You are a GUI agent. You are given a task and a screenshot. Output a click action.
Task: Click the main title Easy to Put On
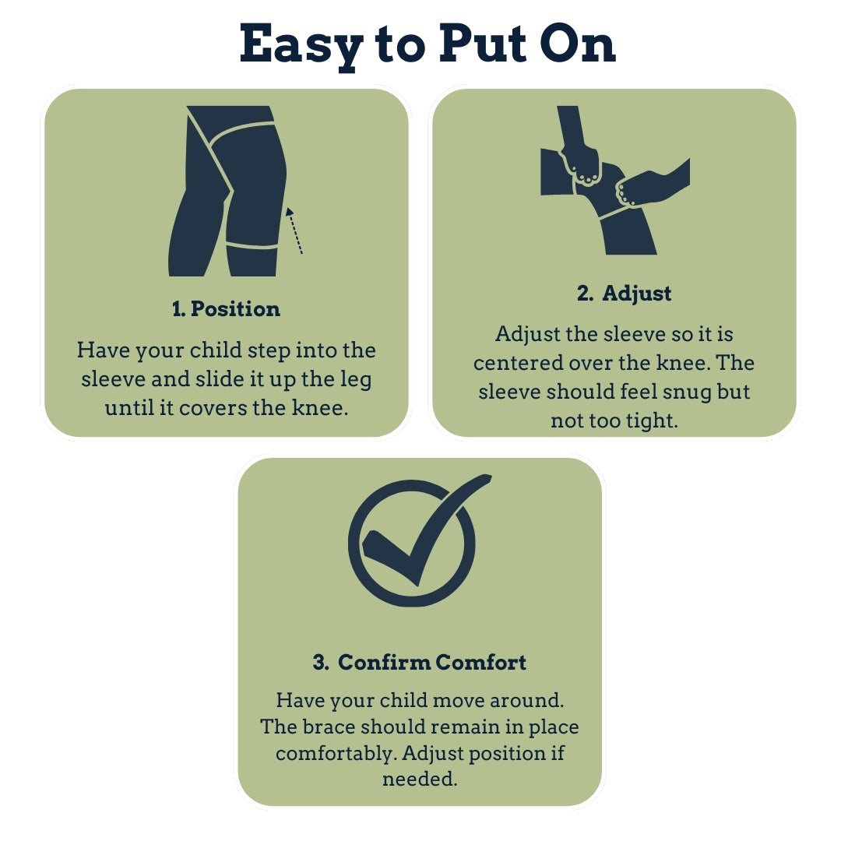pos(427,45)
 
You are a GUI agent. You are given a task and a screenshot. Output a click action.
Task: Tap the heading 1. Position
pos(226,309)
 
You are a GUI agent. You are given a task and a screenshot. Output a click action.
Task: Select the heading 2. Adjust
pos(624,294)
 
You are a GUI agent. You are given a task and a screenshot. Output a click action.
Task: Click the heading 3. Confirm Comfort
pos(420,662)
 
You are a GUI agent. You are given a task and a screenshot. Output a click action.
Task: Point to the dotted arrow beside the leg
pos(294,230)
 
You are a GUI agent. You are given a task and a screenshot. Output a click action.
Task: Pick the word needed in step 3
pos(420,779)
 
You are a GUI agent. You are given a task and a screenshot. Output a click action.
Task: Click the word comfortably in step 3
pos(337,754)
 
